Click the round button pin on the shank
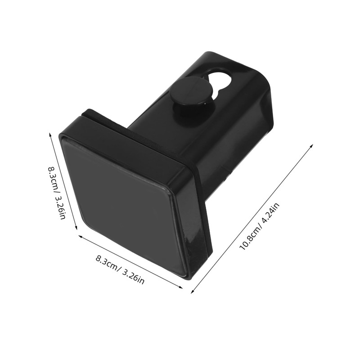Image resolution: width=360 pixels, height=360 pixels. pos(191,92)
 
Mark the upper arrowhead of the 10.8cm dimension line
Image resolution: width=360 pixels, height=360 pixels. pos(311,147)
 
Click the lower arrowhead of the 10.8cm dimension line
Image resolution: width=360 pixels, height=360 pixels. pos(193,290)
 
